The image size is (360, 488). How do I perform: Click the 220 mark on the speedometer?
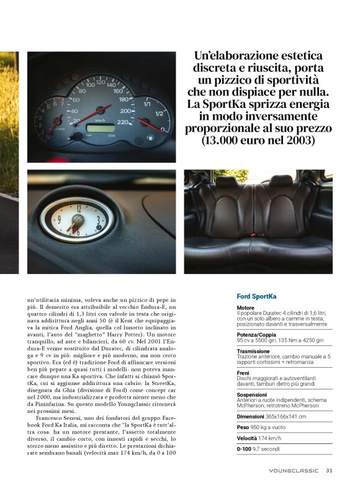pyautogui.click(x=124, y=122)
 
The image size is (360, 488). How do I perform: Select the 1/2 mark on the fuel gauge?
pyautogui.click(x=159, y=113)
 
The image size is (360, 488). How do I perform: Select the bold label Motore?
pyautogui.click(x=246, y=308)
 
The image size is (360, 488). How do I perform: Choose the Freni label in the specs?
pyautogui.click(x=243, y=373)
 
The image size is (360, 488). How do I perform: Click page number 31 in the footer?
pyautogui.click(x=329, y=470)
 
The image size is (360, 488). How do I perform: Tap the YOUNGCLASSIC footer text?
pyautogui.click(x=294, y=471)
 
